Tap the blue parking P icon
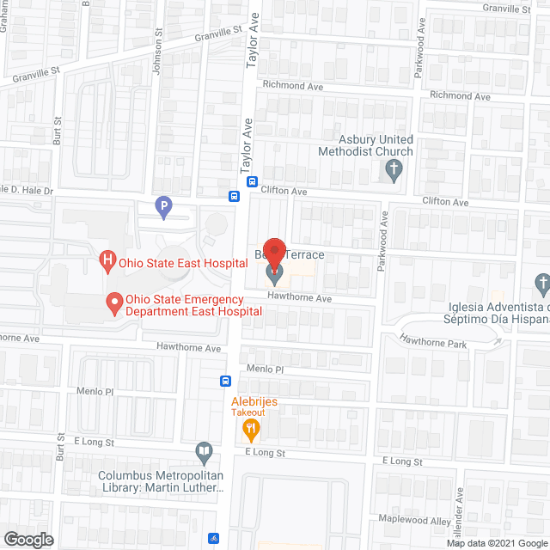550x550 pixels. (x=163, y=206)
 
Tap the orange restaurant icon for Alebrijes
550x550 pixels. (x=251, y=427)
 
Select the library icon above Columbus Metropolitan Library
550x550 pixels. (x=204, y=450)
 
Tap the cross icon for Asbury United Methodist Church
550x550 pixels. (x=393, y=169)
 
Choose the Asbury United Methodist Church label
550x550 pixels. (x=376, y=145)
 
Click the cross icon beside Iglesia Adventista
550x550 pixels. (x=541, y=282)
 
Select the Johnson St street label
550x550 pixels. (x=159, y=52)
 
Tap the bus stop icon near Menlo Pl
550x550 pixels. (x=225, y=382)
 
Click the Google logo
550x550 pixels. (x=28, y=539)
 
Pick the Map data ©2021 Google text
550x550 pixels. (x=497, y=543)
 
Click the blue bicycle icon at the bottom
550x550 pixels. (x=213, y=539)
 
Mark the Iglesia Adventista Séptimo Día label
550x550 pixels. (x=497, y=315)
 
